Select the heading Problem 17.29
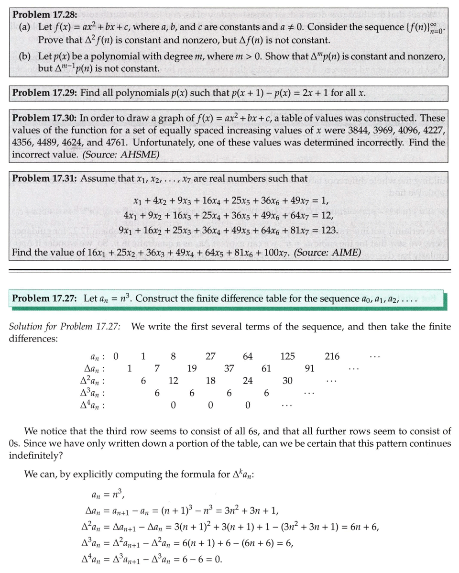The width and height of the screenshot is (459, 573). [x=44, y=93]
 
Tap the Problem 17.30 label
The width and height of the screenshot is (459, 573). [x=44, y=118]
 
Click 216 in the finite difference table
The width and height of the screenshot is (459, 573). [x=332, y=356]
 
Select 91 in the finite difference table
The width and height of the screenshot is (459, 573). [x=309, y=369]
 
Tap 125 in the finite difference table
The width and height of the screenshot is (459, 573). [x=287, y=356]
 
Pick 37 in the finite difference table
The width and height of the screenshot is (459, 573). [x=229, y=369]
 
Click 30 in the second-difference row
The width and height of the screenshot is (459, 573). [x=287, y=381]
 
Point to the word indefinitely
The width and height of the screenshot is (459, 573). [x=36, y=455]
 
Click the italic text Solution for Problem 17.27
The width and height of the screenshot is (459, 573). [x=65, y=327]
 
